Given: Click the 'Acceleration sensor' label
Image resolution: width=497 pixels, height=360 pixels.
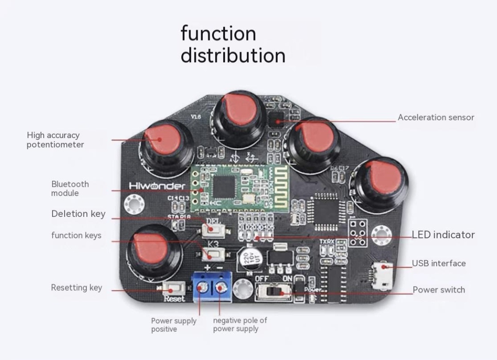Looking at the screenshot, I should point(436,118).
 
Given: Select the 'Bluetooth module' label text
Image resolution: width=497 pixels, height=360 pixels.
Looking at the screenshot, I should point(70,189).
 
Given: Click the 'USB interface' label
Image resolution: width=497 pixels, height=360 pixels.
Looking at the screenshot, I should point(438,263).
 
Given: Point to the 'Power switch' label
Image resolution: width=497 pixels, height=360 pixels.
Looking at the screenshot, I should point(438,290).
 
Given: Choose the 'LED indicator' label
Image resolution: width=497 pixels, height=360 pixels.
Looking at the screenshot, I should point(443,235).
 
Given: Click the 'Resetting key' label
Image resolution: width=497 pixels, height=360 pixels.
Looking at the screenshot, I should point(76,288).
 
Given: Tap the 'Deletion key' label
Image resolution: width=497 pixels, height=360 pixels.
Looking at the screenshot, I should point(78,214).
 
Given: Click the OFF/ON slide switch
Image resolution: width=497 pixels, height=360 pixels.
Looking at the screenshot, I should point(274,292).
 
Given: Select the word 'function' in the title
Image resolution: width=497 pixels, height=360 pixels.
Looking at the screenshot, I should point(218,34).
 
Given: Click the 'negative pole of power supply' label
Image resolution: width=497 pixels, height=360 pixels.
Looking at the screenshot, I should point(240,324).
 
